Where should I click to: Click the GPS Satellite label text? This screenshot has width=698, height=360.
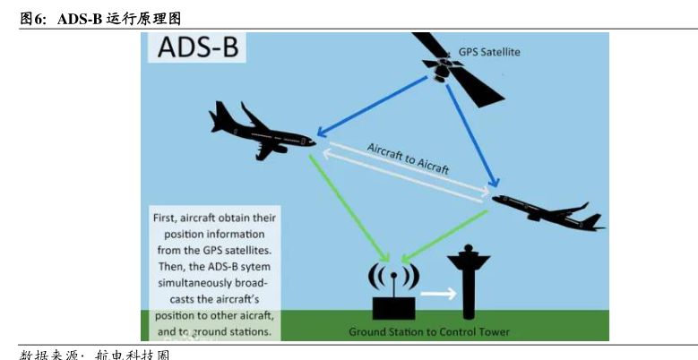coord(489,52)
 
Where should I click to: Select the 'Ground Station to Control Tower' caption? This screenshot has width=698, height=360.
coord(428,332)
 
